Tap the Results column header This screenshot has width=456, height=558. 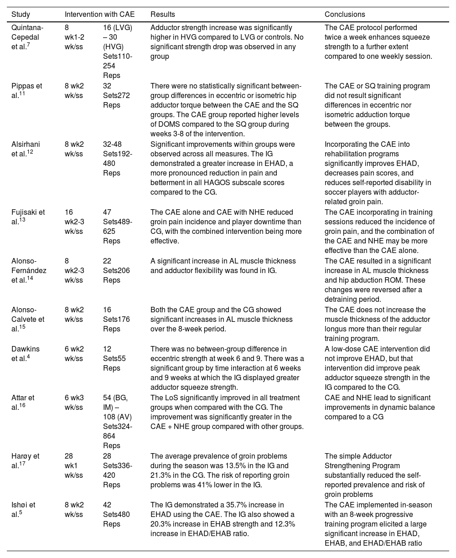coord(162,15)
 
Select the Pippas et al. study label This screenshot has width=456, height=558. coord(28,90)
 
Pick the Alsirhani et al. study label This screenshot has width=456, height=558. coord(28,149)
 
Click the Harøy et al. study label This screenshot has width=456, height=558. coord(26,460)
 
